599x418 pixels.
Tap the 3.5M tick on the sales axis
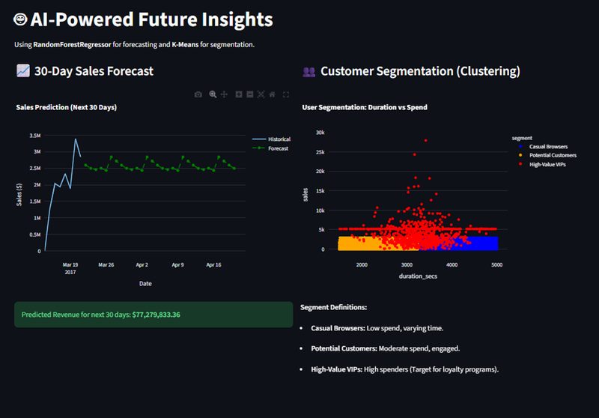click(x=34, y=136)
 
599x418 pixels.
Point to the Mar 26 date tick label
click(x=106, y=264)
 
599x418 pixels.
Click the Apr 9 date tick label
click(x=177, y=264)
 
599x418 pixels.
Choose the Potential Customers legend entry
click(x=552, y=155)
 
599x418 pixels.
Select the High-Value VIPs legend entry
click(x=547, y=164)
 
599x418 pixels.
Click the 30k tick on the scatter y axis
click(x=319, y=133)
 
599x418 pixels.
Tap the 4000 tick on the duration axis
click(x=451, y=264)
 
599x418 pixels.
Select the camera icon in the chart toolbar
click(x=198, y=94)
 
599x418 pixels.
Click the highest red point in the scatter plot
click(x=425, y=140)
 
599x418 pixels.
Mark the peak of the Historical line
click(x=75, y=139)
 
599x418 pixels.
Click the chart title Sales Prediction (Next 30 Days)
click(x=66, y=107)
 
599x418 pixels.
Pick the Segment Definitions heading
click(x=333, y=307)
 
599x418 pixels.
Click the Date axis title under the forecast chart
click(x=145, y=284)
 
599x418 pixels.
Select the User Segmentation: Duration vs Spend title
click(x=365, y=107)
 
